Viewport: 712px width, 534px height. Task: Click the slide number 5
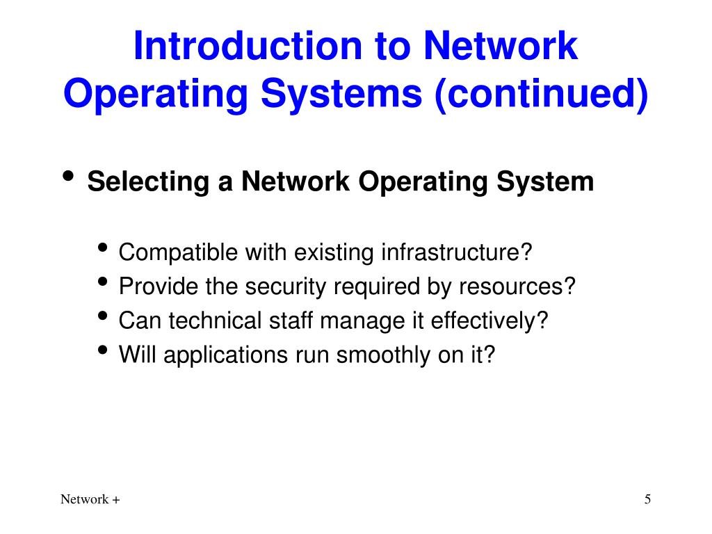(x=647, y=499)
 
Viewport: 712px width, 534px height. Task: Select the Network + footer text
(x=90, y=499)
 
